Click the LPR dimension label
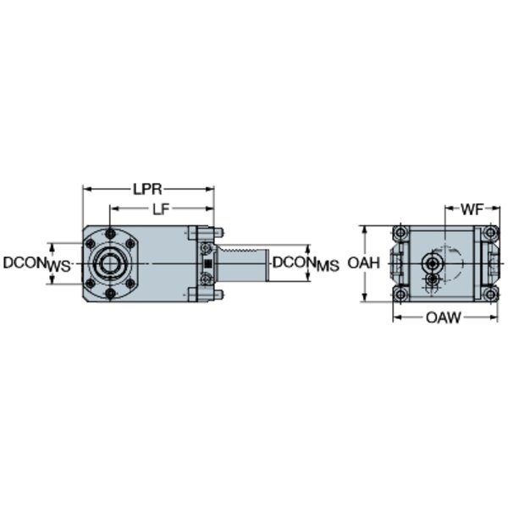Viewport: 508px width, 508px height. [147, 189]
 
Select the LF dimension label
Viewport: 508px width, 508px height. [161, 210]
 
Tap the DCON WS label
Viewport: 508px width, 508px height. [36, 263]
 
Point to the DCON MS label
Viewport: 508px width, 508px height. [306, 263]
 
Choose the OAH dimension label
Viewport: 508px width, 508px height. [363, 263]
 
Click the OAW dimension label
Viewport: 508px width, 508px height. [443, 317]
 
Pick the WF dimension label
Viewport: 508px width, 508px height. [472, 210]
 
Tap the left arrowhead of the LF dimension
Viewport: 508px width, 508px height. [113, 209]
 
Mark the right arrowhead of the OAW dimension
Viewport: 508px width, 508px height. [494, 317]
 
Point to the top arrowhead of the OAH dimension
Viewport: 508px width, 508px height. [365, 229]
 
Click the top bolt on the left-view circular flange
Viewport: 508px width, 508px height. [110, 234]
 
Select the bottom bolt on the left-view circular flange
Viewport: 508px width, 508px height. [110, 294]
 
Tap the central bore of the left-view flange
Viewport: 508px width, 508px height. [110, 263]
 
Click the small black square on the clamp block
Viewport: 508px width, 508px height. [208, 262]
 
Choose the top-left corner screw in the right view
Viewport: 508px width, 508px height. [400, 233]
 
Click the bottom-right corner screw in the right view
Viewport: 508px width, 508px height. [490, 295]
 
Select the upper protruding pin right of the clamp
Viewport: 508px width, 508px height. [218, 232]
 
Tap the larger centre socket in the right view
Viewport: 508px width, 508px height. [431, 264]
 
